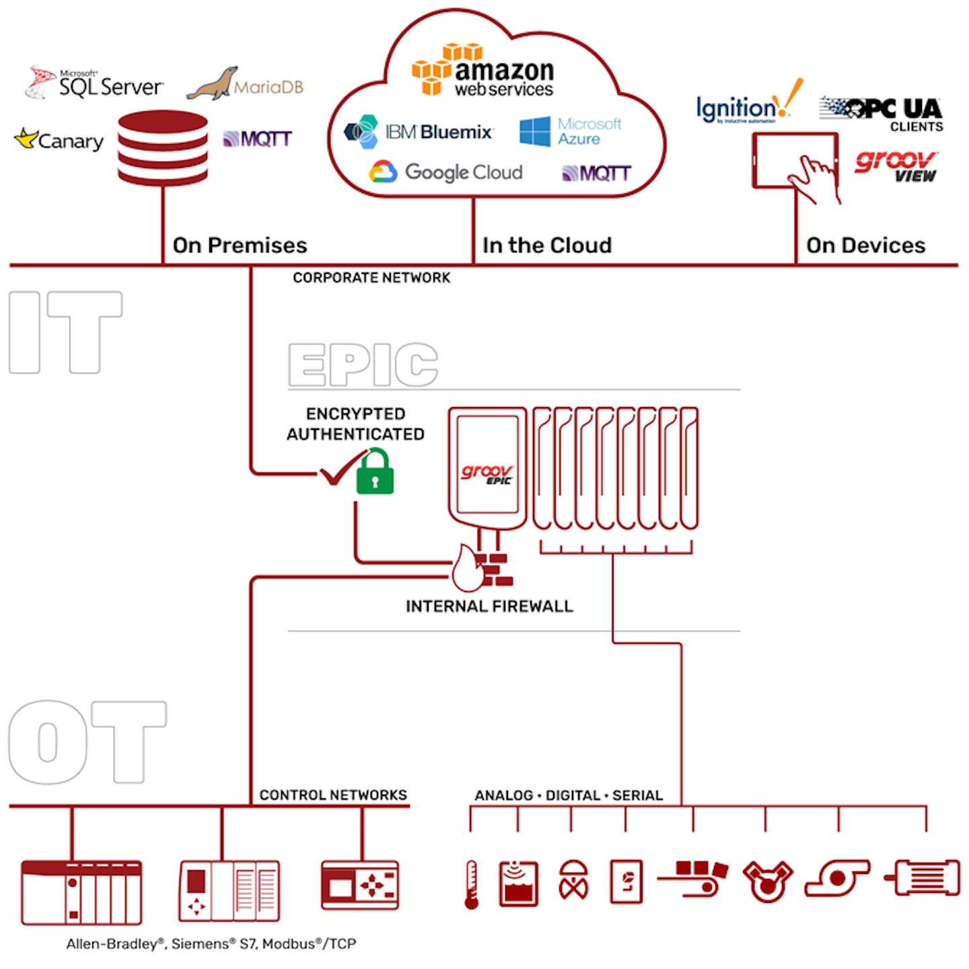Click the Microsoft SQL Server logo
pos(94,83)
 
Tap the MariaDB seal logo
pos(245,85)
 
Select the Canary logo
pos(59,140)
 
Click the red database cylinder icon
pos(162,149)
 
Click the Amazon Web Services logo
pos(483,71)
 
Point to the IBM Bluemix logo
pos(419,132)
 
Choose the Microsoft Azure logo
pos(571,131)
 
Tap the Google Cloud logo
pos(446,172)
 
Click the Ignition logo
pos(748,104)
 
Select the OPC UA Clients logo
pos(882,113)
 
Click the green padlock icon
pos(375,472)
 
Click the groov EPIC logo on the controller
pos(487,473)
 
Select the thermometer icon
pos(472,884)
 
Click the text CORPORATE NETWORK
pos(371,278)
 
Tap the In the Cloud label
pos(547,245)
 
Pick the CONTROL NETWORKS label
pos(333,795)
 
